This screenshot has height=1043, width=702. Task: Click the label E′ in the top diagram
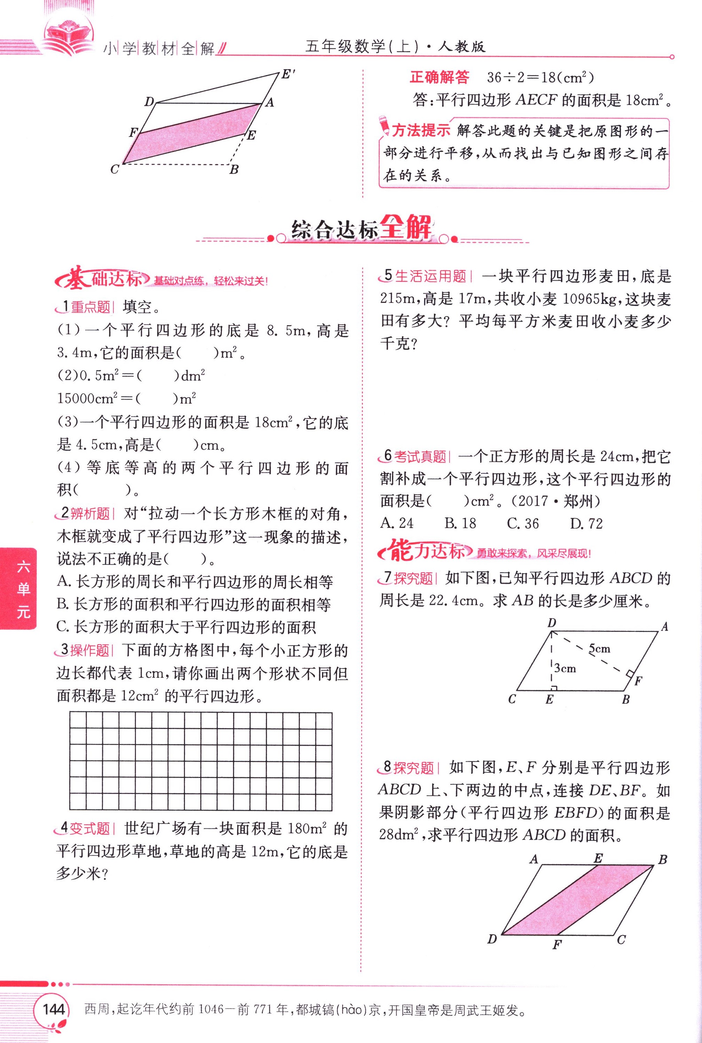(288, 74)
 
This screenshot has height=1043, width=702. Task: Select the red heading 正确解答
(439, 78)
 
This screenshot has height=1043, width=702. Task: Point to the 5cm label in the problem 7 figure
(599, 649)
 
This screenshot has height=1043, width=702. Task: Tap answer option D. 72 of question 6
(586, 523)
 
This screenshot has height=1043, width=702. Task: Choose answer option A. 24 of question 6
(397, 523)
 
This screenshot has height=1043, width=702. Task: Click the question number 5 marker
(388, 275)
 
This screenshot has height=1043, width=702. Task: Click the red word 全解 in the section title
(406, 227)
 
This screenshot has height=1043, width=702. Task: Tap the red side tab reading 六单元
(22, 589)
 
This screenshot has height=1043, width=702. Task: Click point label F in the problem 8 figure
(557, 945)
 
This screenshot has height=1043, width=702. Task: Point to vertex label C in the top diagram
(115, 169)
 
